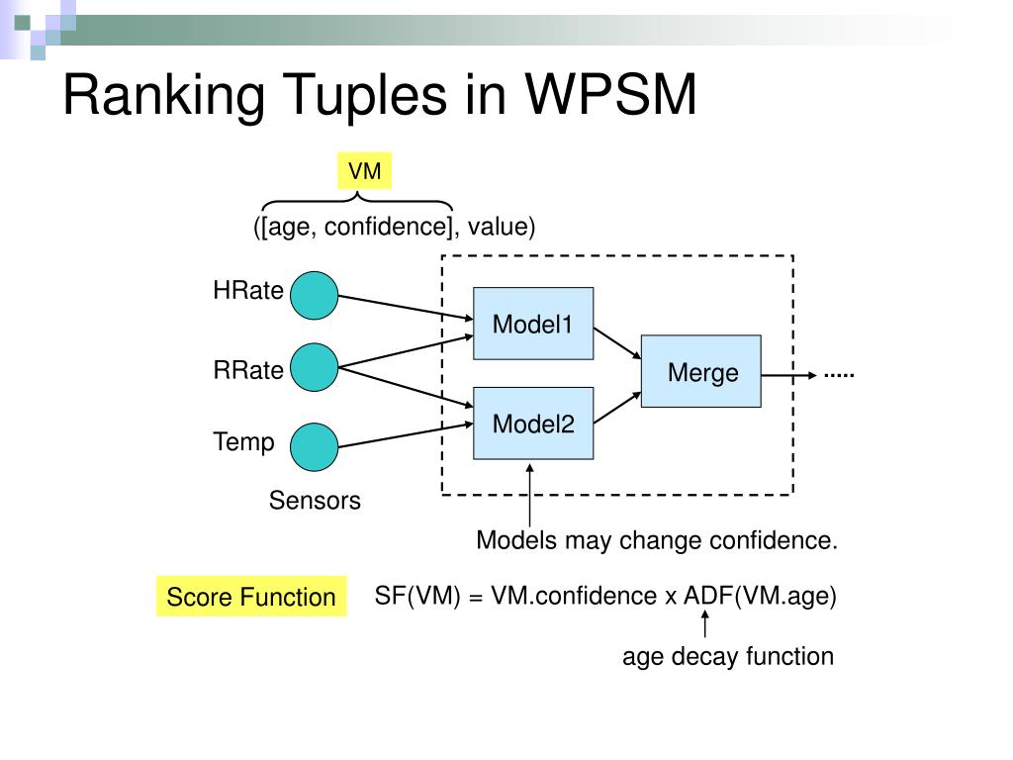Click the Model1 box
(x=533, y=324)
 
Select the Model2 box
(x=533, y=424)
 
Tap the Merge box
(x=701, y=371)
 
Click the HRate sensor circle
(x=314, y=295)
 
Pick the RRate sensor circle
(x=314, y=367)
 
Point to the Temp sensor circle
(x=314, y=447)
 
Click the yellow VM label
(x=364, y=171)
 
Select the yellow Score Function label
(x=251, y=597)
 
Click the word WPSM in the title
(x=610, y=94)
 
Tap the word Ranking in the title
(x=163, y=96)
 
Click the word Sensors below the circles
(x=315, y=500)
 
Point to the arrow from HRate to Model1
(x=406, y=307)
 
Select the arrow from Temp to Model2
(x=406, y=435)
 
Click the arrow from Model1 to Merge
(x=617, y=343)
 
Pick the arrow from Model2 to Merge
(x=617, y=408)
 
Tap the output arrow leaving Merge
(x=788, y=375)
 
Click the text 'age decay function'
(x=728, y=657)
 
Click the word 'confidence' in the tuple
(x=386, y=227)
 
